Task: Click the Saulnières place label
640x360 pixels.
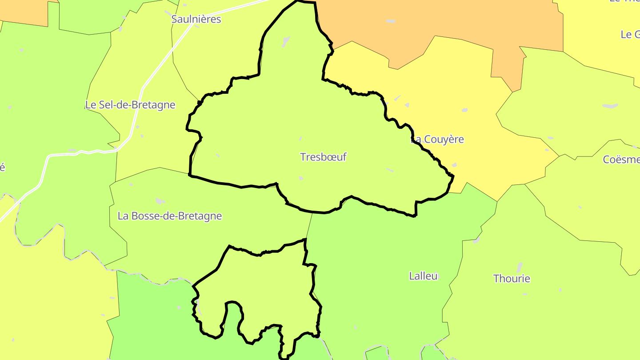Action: point(196,20)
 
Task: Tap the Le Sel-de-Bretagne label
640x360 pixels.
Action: point(130,105)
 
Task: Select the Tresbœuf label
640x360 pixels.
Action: point(323,157)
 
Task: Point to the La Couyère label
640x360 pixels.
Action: point(437,140)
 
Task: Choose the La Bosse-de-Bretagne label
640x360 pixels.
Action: point(169,216)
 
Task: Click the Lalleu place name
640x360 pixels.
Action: point(423,276)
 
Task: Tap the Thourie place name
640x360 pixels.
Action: point(512,279)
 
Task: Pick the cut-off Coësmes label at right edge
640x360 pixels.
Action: point(621,159)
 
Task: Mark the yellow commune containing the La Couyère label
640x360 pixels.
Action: point(467,111)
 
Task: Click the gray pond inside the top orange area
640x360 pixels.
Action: point(390,21)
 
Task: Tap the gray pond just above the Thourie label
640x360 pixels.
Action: point(519,267)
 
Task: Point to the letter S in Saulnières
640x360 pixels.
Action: point(174,20)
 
